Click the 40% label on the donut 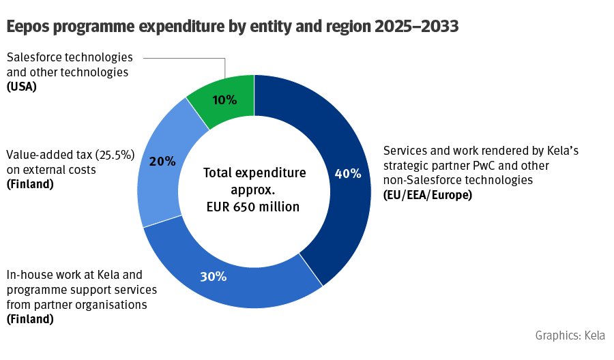tap(347, 174)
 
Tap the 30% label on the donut tap(213, 277)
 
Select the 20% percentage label tap(162, 162)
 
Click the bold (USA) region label tap(21, 87)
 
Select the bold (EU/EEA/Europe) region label tap(428, 195)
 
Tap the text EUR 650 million tap(254, 207)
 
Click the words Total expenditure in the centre tap(254, 172)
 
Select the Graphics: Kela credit tap(570, 335)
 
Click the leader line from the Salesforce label tap(184, 59)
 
